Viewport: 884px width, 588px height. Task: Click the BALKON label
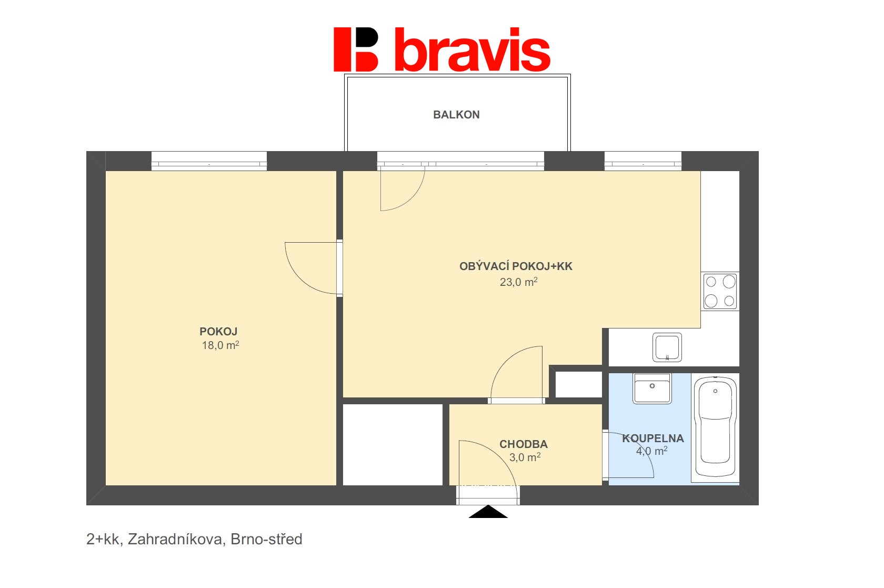[456, 115]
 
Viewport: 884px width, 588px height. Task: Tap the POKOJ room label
[218, 331]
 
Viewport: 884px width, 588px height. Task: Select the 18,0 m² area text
[220, 345]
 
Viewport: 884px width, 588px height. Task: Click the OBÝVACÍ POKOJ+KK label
[516, 266]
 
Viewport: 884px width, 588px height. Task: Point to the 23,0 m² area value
[519, 282]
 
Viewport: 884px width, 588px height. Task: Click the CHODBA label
[523, 444]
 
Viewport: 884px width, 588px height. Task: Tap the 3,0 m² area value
[525, 457]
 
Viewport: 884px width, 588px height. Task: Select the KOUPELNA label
[652, 438]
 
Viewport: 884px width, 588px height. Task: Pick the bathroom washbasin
[652, 388]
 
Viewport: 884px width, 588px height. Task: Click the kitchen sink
[667, 347]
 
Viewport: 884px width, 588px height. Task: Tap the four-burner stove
[720, 292]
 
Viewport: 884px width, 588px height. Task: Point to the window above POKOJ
[209, 161]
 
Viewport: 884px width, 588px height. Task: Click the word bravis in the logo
[473, 50]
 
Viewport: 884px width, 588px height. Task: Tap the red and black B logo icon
[356, 49]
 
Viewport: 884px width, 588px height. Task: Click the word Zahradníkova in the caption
[176, 540]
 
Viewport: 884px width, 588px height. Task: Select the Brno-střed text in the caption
[266, 540]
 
